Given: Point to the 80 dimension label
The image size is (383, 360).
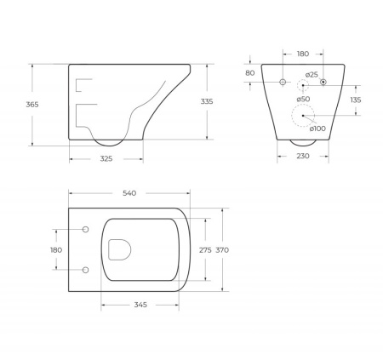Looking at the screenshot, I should pyautogui.click(x=249, y=72).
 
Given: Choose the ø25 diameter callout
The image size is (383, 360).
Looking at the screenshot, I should pyautogui.click(x=312, y=75).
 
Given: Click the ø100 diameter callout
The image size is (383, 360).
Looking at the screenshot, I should pyautogui.click(x=315, y=129).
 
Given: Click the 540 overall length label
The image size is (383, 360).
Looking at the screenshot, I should pyautogui.click(x=130, y=194).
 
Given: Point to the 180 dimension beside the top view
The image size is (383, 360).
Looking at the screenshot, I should pyautogui.click(x=56, y=249).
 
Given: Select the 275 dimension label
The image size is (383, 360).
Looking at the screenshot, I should pyautogui.click(x=204, y=249).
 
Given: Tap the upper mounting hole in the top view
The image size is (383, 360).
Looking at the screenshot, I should pyautogui.click(x=86, y=229).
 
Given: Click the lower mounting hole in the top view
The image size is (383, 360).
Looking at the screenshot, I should pyautogui.click(x=86, y=270).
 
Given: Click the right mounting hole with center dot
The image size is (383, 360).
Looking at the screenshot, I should pyautogui.click(x=323, y=83).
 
